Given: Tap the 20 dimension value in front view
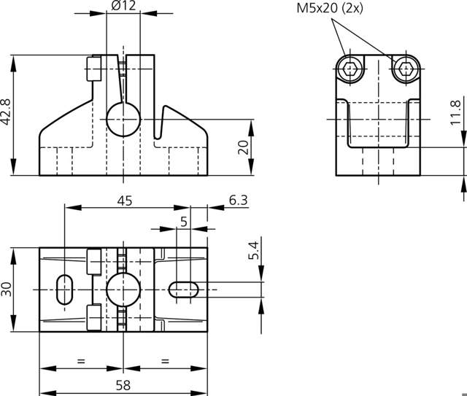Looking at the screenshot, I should tap(244, 147).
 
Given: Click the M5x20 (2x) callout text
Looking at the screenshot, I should tap(331, 9).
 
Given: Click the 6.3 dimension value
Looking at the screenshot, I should tap(238, 201).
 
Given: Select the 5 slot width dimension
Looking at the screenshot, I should tap(184, 220).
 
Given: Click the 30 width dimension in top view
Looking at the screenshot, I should tap(7, 290).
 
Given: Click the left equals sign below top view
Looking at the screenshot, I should tap(80, 360).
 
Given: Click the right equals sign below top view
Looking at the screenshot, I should tap(164, 360).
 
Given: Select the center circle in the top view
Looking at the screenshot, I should tap(122, 290).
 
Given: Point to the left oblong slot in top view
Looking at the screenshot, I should tap(64, 290).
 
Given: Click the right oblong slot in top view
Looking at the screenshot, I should tap(183, 290).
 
